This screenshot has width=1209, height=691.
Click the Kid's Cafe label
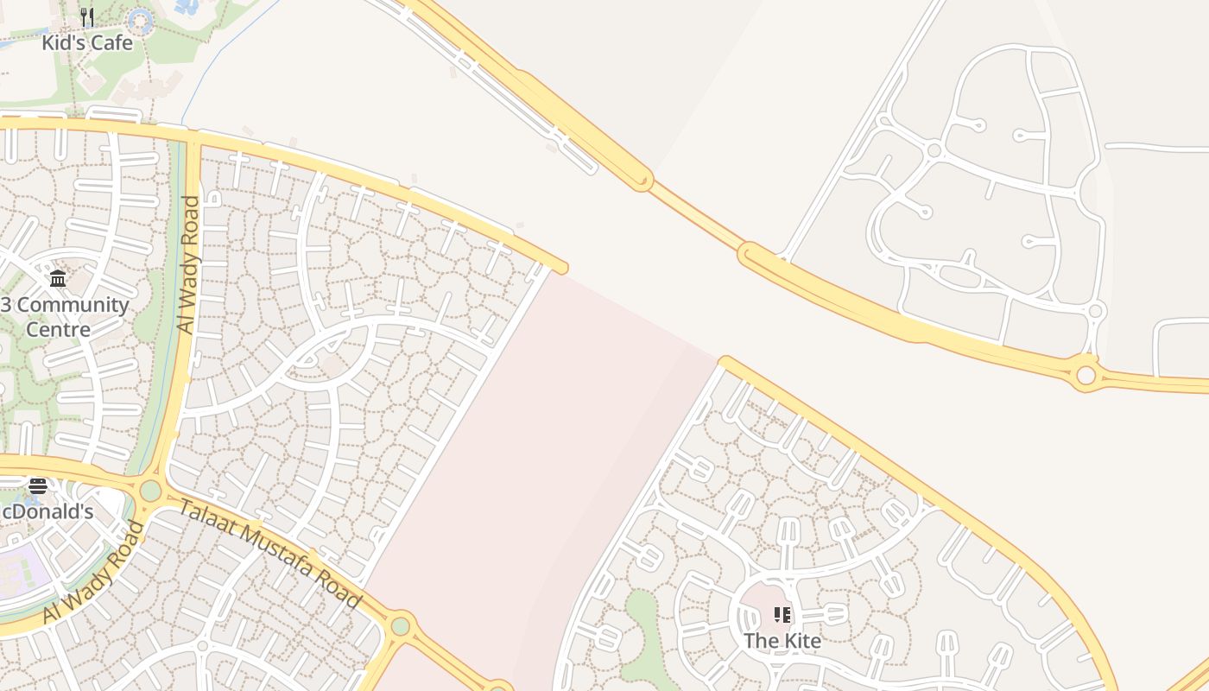tap(87, 41)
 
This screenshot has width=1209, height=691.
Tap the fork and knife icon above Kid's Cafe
tap(87, 17)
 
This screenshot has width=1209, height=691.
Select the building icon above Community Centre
tap(58, 278)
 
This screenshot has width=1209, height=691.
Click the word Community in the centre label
tap(73, 305)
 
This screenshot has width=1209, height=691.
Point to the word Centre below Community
tap(58, 329)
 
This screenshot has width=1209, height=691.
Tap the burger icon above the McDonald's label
tap(38, 486)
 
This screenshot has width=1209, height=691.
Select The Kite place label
tap(782, 640)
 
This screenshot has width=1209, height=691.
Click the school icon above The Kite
tap(782, 615)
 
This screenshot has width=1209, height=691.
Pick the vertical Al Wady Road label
tap(187, 264)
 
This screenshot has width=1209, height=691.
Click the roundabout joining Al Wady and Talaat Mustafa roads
tap(150, 491)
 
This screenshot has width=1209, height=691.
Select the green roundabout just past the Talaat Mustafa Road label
tap(400, 625)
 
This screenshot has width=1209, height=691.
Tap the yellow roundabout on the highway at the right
tap(1086, 375)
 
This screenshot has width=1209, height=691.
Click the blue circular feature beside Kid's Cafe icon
tap(139, 21)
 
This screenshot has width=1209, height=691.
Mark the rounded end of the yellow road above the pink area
tap(561, 268)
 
